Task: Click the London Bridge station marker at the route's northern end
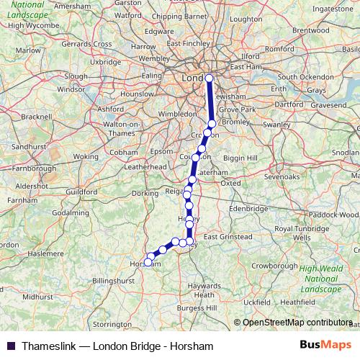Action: pos(210,78)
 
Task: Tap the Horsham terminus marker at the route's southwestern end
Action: pos(148,263)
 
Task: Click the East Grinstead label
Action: pos(228,236)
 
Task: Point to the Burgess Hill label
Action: pos(197,308)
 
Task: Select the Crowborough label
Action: pos(274,266)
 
